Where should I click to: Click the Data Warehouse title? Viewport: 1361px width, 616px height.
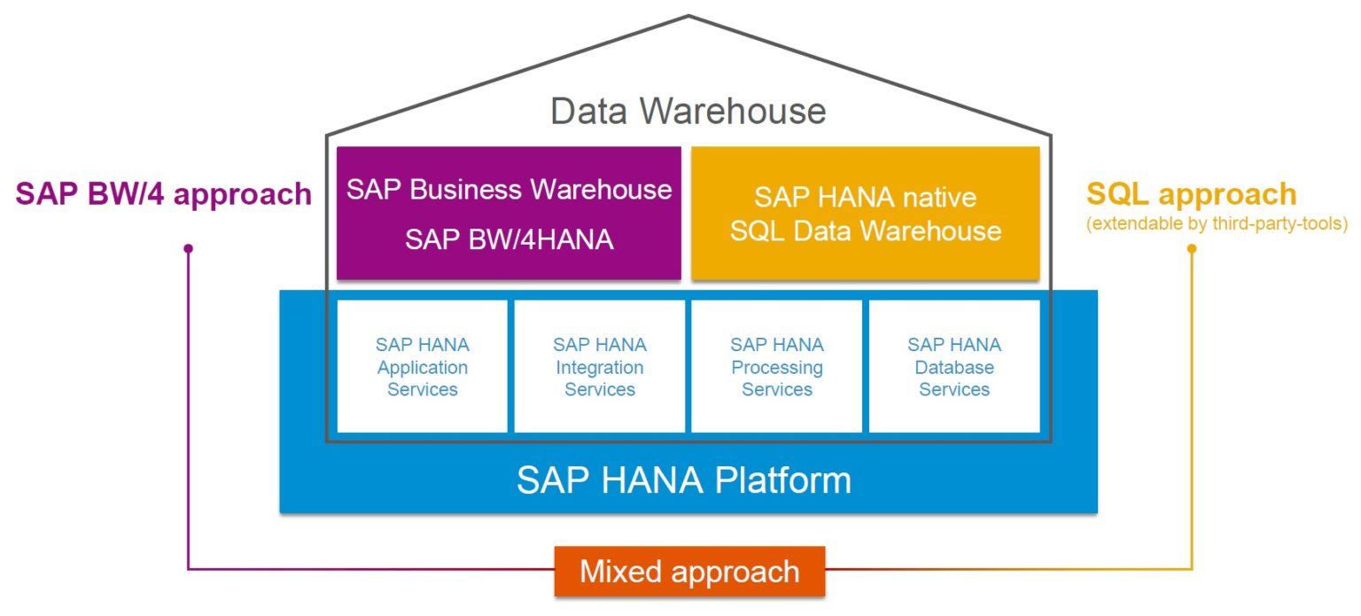688,112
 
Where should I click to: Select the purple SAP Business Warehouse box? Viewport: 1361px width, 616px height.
509,213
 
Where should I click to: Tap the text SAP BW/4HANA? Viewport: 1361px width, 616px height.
509,239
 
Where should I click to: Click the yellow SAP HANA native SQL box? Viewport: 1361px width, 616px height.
865,213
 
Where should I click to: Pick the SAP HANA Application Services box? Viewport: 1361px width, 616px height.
423,366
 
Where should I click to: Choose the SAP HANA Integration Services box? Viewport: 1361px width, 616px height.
600,366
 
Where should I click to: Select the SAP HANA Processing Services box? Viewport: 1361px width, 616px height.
777,366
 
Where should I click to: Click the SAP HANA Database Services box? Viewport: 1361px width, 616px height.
954,366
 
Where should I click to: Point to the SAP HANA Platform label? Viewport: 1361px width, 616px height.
683,480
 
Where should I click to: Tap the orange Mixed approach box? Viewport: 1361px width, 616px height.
689,571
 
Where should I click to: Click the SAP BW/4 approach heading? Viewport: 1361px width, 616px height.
163,194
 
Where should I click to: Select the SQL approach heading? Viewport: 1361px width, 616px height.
1191,194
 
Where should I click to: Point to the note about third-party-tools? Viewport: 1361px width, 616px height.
1216,223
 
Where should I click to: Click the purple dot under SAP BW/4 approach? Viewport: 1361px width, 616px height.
188,249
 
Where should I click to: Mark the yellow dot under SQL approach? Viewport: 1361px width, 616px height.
1192,249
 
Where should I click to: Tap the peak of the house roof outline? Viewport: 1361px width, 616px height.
688,16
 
